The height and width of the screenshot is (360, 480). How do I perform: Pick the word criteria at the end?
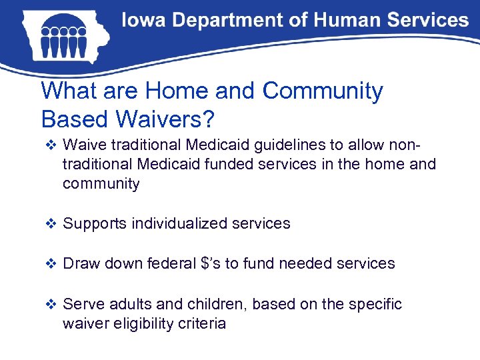(x=203, y=325)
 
